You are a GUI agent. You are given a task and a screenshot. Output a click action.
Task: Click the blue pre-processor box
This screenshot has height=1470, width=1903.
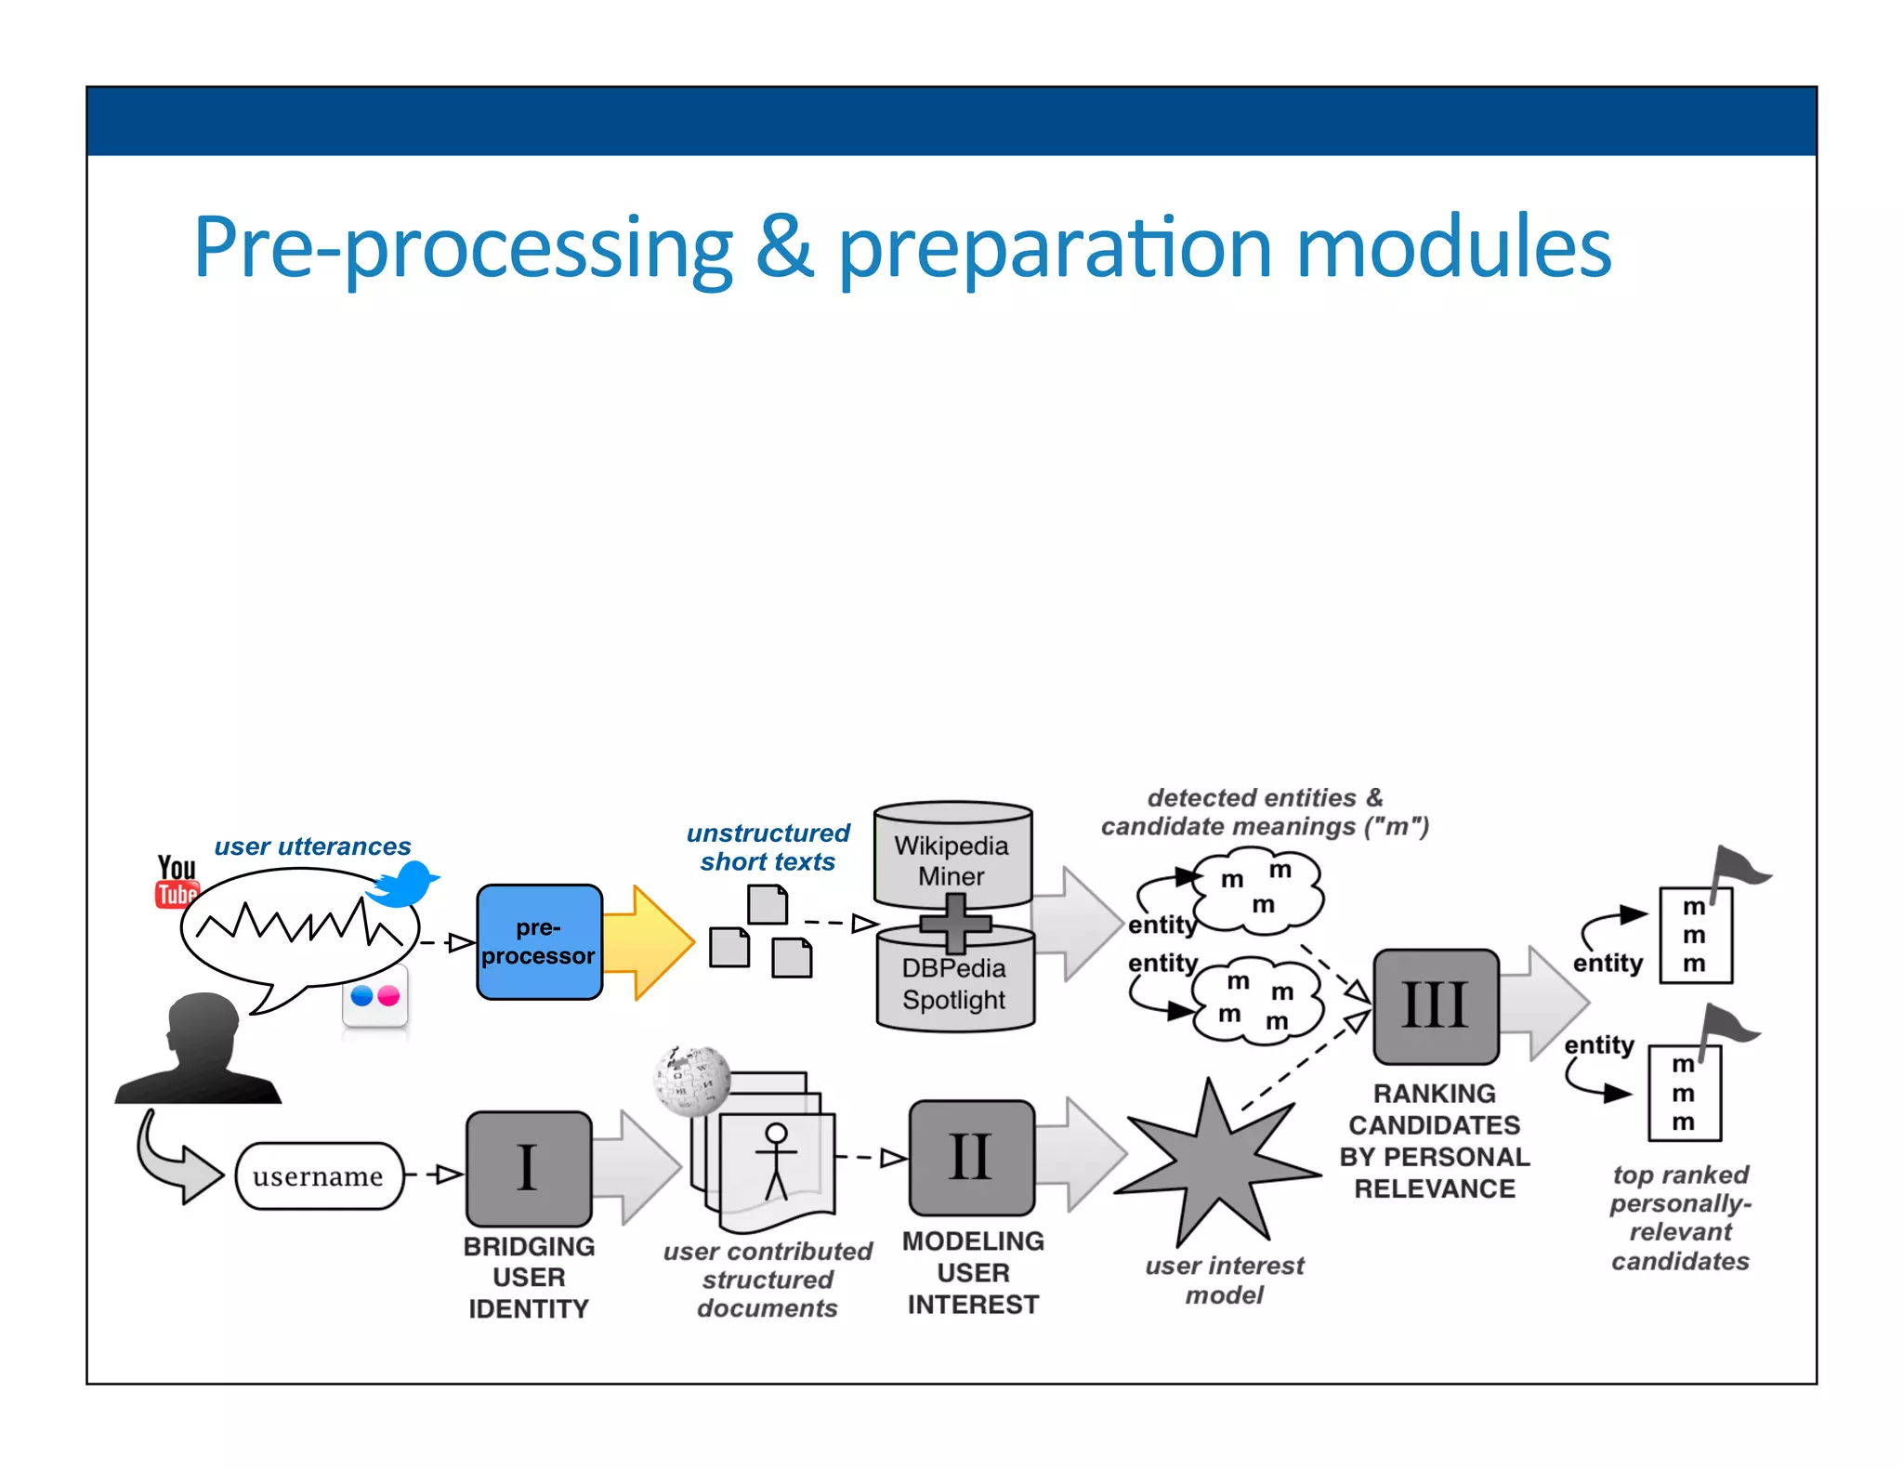point(539,941)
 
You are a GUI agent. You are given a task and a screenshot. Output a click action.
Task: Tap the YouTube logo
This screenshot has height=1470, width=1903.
point(176,881)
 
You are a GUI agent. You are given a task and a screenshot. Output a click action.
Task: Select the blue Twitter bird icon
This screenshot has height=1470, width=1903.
point(403,884)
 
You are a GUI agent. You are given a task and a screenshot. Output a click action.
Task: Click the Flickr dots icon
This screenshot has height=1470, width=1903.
point(375,997)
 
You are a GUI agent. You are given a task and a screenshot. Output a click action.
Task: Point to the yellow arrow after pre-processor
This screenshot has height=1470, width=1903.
point(649,942)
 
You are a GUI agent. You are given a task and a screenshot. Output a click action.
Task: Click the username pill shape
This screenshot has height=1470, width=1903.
point(319,1175)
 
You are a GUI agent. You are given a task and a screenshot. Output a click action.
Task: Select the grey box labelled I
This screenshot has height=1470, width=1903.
point(528,1168)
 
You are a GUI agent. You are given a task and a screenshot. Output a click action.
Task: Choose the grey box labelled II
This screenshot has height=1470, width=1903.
point(971,1157)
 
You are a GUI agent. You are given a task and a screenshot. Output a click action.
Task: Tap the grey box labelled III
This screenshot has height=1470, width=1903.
point(1436,1005)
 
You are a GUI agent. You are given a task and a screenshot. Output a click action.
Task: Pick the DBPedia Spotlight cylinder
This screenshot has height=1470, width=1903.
point(954,986)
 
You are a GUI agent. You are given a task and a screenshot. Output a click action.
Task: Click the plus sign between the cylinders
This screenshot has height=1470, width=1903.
point(955,923)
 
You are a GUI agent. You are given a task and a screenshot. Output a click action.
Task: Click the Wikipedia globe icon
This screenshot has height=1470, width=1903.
point(692,1080)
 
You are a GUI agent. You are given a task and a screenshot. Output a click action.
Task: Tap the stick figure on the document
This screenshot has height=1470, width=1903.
point(776,1160)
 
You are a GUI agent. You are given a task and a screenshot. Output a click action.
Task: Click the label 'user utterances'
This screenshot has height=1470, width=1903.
point(312,847)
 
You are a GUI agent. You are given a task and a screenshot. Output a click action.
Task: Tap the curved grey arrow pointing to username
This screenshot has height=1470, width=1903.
point(177,1162)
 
